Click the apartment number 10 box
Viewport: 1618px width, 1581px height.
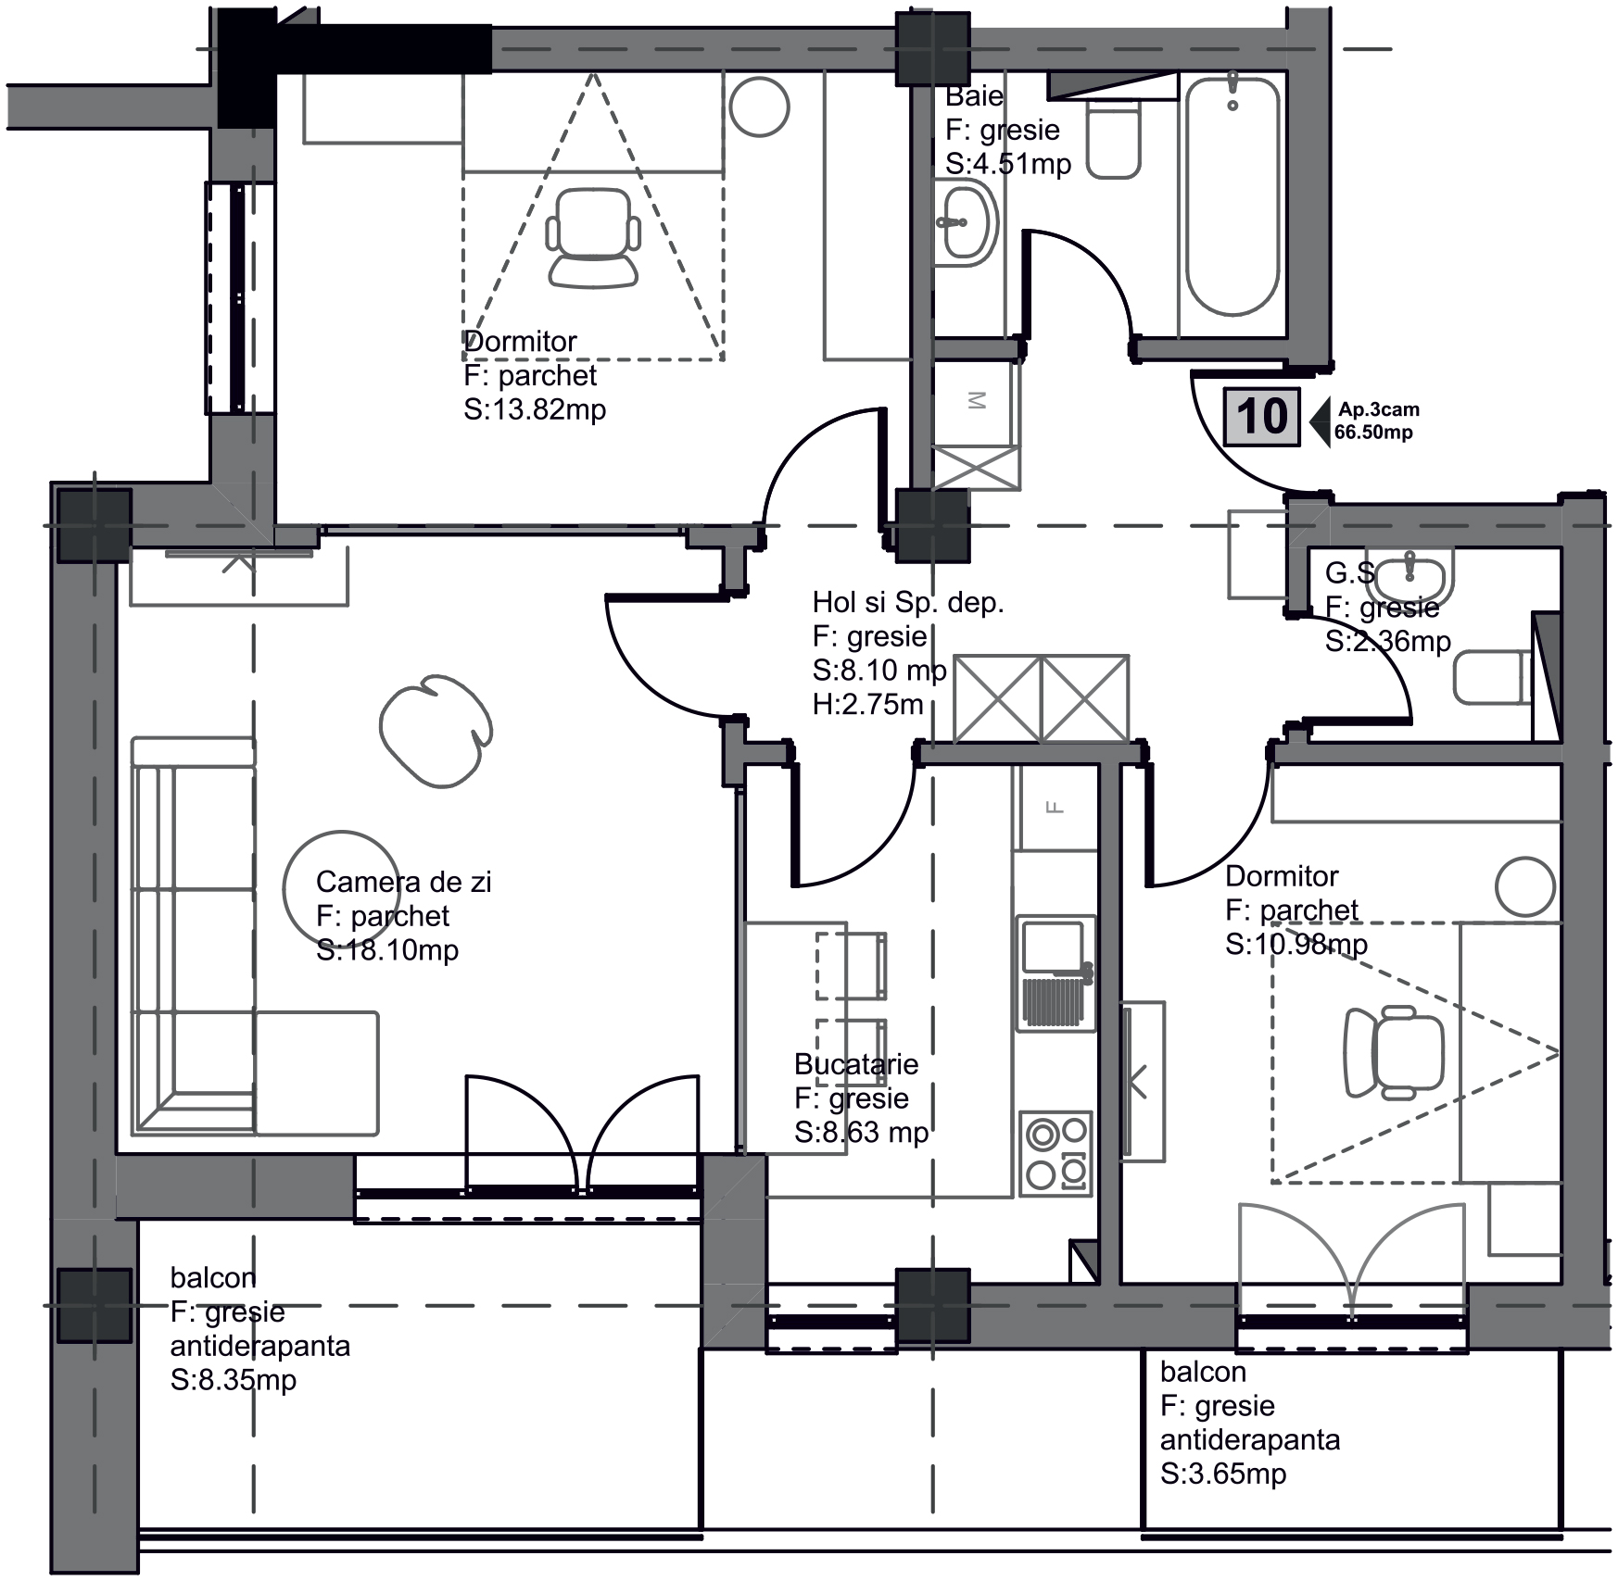pos(1261,418)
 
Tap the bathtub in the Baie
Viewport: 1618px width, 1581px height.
pos(1232,196)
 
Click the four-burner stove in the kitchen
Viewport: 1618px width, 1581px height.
pos(1056,1152)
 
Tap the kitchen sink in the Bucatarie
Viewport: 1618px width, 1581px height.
pos(1056,973)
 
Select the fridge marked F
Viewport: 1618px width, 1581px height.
pos(1055,807)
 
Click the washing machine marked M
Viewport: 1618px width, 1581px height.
pos(976,402)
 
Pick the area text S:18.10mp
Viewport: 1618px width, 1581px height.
pos(387,950)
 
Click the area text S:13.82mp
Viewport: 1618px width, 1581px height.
pos(535,409)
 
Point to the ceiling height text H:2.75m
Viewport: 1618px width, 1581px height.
pos(868,705)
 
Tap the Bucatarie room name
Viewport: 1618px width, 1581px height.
pos(856,1064)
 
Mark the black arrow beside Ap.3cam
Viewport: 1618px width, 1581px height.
pos(1320,420)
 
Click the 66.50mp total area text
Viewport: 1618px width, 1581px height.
pos(1373,433)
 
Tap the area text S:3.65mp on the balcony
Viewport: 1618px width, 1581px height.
pos(1223,1474)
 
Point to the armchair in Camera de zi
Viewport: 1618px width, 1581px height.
pos(436,730)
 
